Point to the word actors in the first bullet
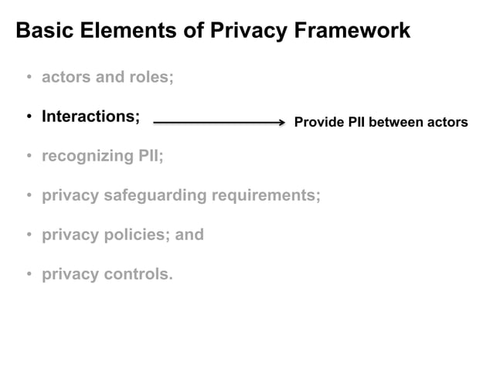point(66,77)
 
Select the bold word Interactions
point(90,117)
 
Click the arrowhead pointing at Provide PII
point(281,122)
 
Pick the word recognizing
point(87,156)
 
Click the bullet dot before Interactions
point(29,117)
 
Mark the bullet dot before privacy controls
point(29,275)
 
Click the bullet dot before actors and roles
point(29,78)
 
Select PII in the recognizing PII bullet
point(151,156)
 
